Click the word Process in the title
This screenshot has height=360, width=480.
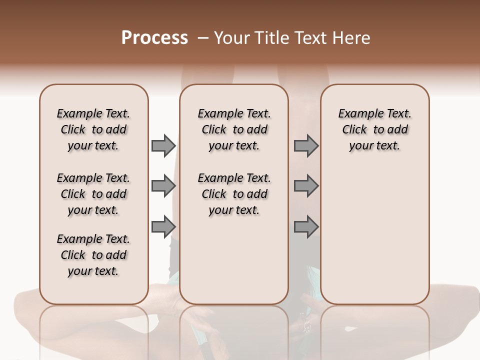154,38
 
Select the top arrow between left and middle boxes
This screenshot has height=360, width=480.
163,146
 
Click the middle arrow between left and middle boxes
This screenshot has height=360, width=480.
163,186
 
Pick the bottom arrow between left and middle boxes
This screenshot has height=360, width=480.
163,227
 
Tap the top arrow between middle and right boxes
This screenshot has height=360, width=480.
306,146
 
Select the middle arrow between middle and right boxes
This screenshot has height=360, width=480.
306,186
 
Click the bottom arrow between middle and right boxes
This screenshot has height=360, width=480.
306,227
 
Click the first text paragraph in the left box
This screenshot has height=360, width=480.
93,129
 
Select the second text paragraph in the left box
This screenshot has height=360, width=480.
93,194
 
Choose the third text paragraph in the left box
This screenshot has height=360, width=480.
93,255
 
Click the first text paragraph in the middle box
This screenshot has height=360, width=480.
234,129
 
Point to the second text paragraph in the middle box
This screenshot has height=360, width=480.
234,194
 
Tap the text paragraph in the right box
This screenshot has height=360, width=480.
375,129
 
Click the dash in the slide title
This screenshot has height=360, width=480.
202,38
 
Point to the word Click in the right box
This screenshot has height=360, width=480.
354,130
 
